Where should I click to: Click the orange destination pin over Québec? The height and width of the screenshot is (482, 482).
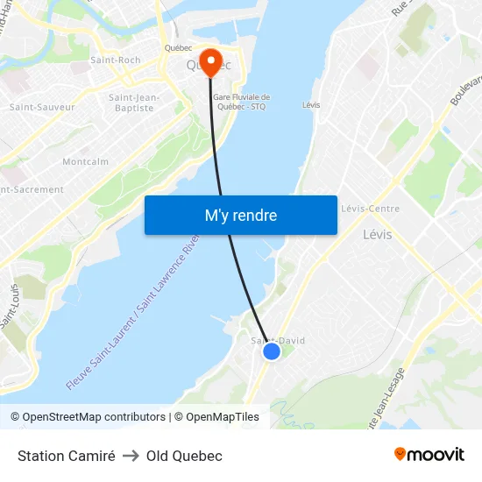coord(210,60)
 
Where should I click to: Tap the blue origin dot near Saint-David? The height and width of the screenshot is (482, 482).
coord(272,351)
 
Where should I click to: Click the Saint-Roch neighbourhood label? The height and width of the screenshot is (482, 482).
coord(116,60)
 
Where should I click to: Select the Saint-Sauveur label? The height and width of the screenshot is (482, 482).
coord(42,107)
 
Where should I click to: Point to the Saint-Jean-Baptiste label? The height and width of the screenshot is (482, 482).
coord(134,103)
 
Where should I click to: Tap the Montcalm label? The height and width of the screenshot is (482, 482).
coord(85,162)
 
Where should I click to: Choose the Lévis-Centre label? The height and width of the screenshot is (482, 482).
coord(370,209)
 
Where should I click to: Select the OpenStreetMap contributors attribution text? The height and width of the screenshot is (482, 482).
coord(94,417)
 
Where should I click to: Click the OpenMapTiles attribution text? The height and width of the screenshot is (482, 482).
coord(223,417)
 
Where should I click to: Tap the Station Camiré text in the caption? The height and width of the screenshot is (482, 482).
coord(67,456)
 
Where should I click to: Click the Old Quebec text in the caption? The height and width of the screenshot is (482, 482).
coord(184,456)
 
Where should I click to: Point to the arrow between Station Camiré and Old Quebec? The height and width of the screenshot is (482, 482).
coord(131,456)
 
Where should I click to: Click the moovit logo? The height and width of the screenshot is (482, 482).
coord(429,454)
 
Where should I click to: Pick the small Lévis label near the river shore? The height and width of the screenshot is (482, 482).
coord(310,105)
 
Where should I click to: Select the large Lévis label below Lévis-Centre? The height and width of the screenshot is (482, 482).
coord(377,235)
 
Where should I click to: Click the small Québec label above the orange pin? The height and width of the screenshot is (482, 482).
coord(178,48)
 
